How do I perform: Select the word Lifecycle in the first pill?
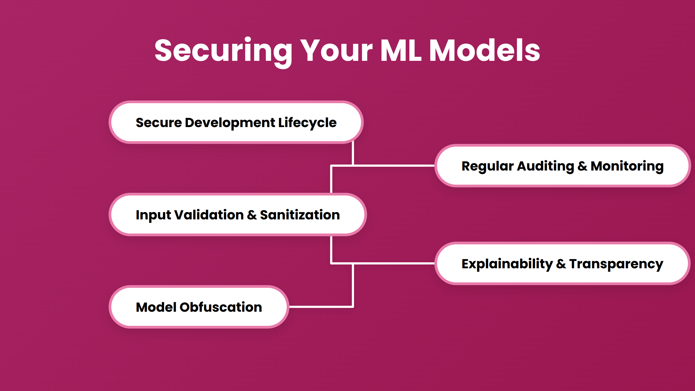(x=307, y=123)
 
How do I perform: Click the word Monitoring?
(x=627, y=166)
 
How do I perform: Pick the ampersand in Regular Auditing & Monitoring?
(x=582, y=166)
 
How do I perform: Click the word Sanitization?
(x=300, y=215)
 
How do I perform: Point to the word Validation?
(x=209, y=215)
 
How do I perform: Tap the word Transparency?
(x=616, y=264)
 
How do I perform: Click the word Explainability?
(x=507, y=264)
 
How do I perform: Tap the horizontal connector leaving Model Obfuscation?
(x=320, y=307)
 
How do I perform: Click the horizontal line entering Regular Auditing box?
(x=394, y=165)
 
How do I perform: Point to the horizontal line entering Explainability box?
(x=394, y=263)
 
